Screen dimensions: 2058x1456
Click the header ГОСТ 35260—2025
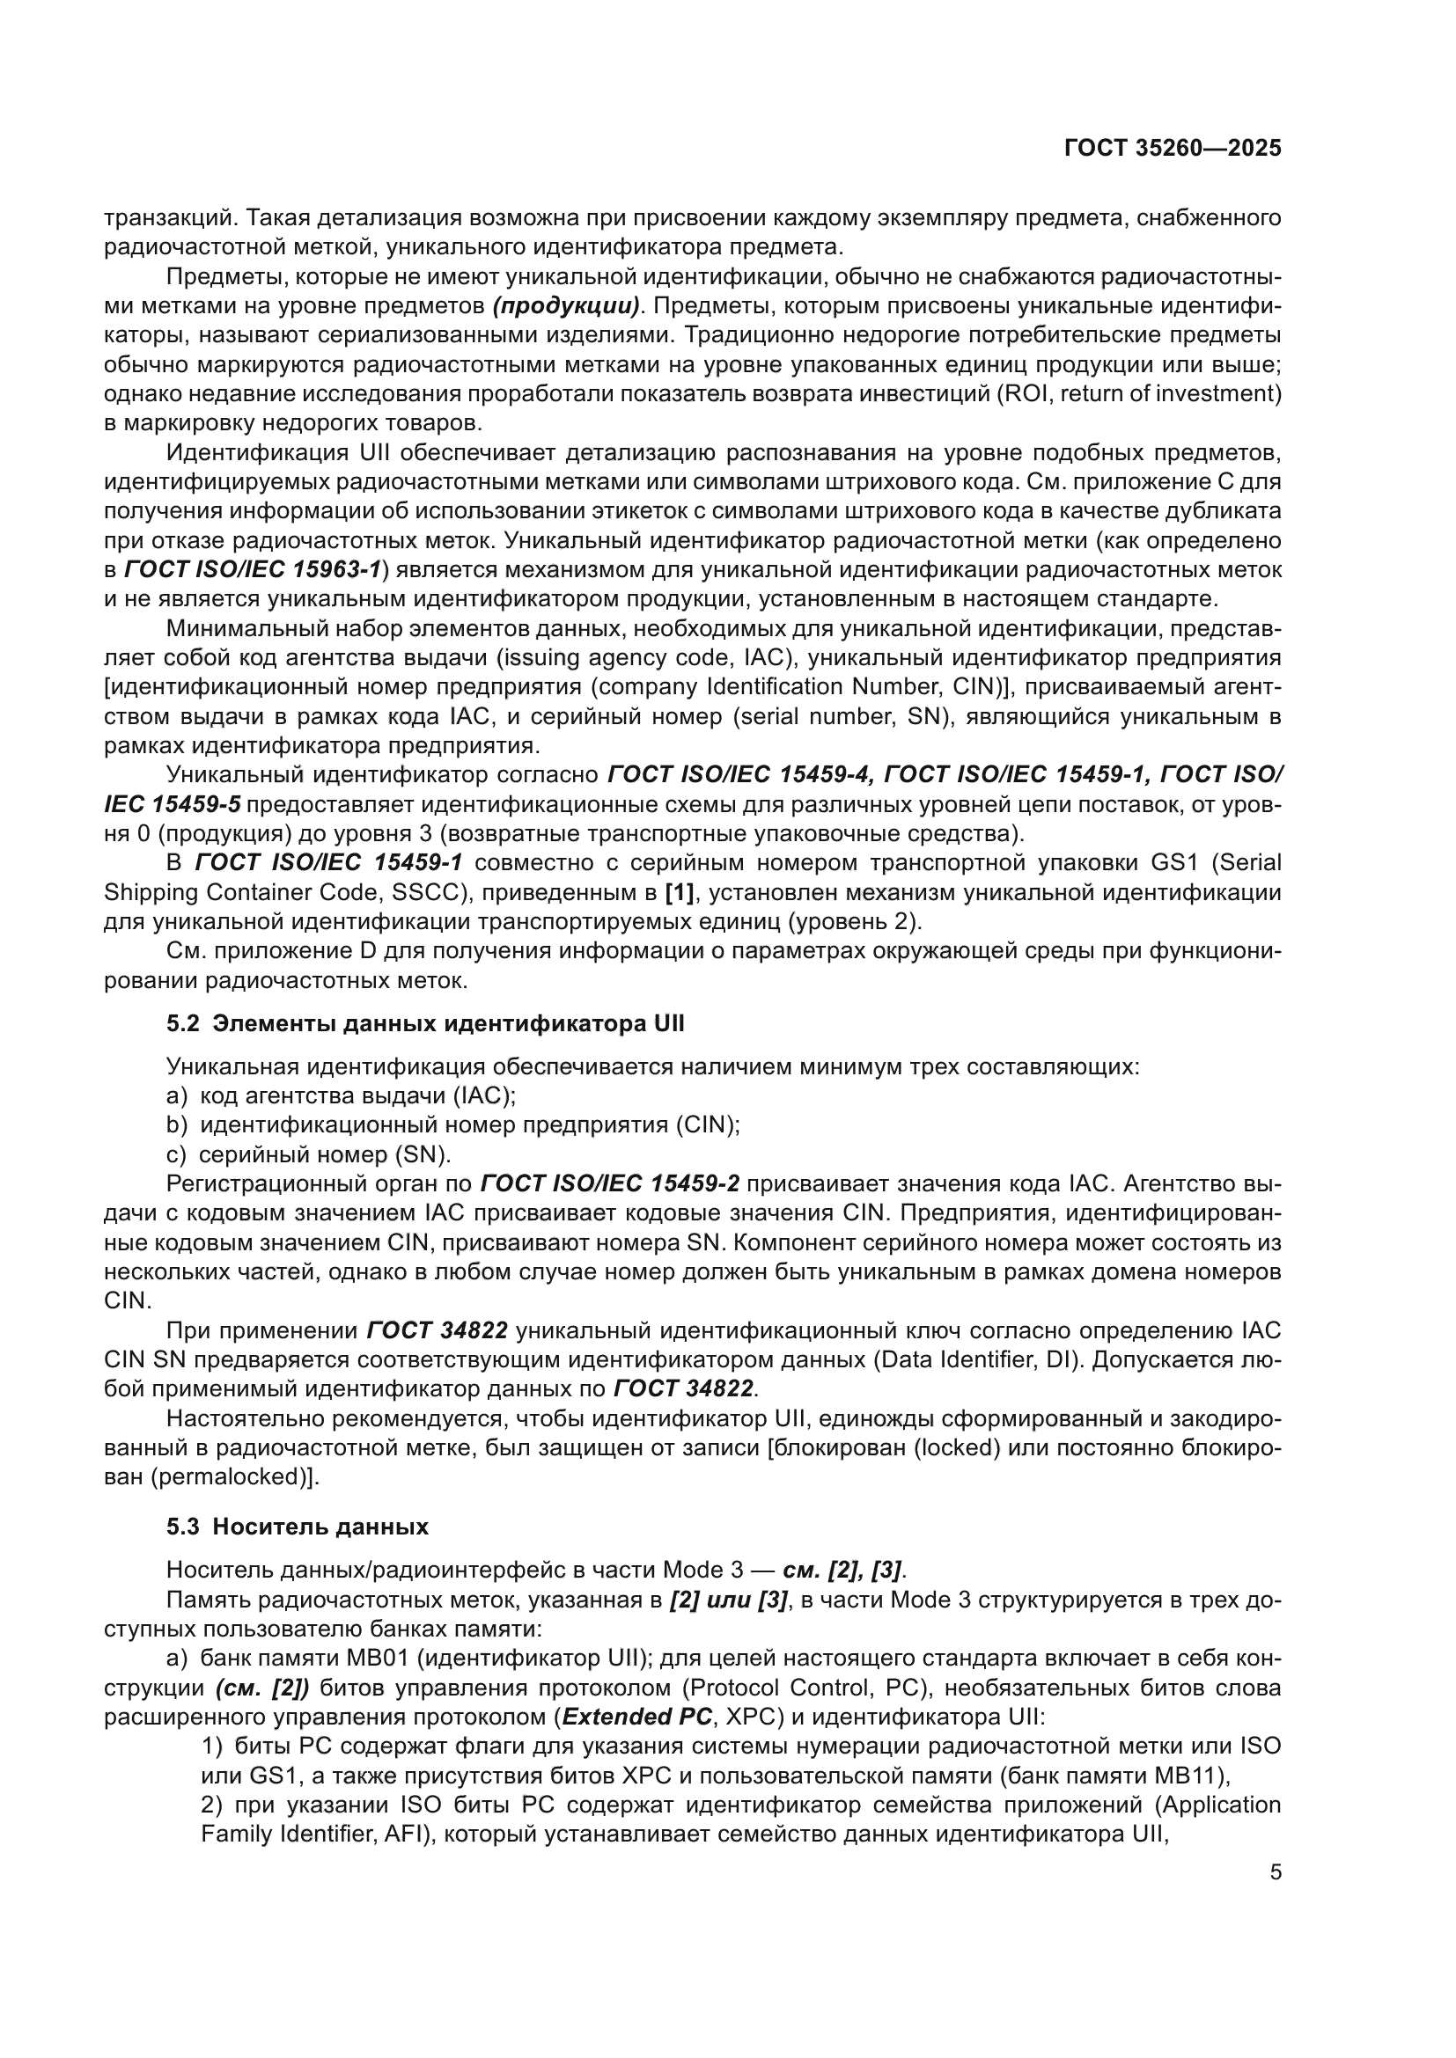coord(1172,149)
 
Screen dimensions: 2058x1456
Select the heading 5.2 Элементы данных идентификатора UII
coord(425,1022)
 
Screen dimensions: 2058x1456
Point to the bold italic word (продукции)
coord(566,305)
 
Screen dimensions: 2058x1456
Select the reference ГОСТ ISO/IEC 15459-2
coord(610,1183)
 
